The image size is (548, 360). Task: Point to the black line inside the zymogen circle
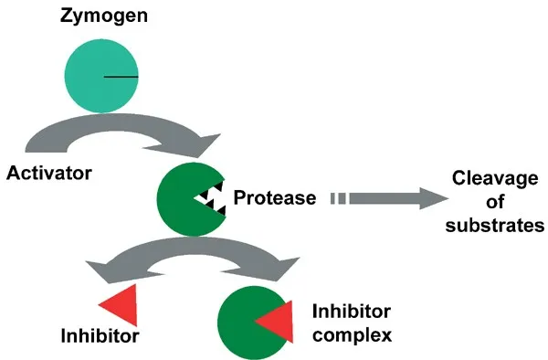[x=121, y=77]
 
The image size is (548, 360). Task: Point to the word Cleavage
[x=491, y=180]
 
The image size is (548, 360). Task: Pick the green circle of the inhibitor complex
[x=239, y=320]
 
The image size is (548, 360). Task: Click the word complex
[x=352, y=334]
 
